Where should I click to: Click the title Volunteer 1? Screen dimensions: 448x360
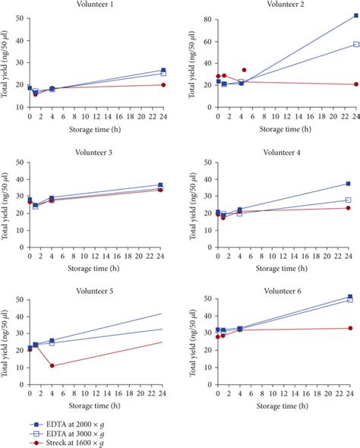(96, 5)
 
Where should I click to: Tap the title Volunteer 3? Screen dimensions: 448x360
(96, 153)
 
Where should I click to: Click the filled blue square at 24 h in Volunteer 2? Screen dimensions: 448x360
(356, 16)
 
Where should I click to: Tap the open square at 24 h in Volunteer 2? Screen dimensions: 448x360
(356, 44)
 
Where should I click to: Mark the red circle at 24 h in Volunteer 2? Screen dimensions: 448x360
(356, 84)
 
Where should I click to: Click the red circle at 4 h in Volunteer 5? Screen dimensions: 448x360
(52, 366)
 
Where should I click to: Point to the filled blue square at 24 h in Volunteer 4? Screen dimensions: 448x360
(348, 184)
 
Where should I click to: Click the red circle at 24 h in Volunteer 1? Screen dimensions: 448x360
(164, 85)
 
